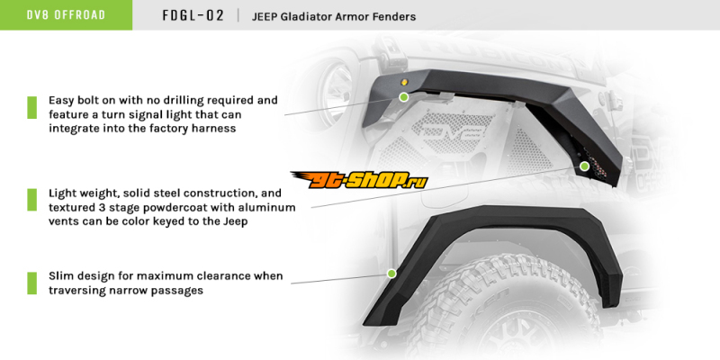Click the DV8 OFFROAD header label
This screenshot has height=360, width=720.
pyautogui.click(x=66, y=14)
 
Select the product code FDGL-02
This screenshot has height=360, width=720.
pyautogui.click(x=193, y=15)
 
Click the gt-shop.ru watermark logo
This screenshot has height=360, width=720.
pyautogui.click(x=359, y=179)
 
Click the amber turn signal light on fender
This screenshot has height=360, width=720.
pyautogui.click(x=404, y=82)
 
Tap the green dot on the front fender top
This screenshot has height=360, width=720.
pyautogui.click(x=403, y=97)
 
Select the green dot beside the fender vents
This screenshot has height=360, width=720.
pyautogui.click(x=584, y=166)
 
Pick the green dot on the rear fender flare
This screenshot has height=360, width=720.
pyautogui.click(x=391, y=274)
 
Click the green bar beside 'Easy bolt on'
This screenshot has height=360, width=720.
pyautogui.click(x=32, y=107)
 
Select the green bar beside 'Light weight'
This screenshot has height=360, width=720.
pyautogui.click(x=32, y=200)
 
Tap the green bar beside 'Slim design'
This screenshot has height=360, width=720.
pyautogui.click(x=32, y=283)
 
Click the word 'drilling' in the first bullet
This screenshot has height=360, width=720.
pyautogui.click(x=182, y=101)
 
